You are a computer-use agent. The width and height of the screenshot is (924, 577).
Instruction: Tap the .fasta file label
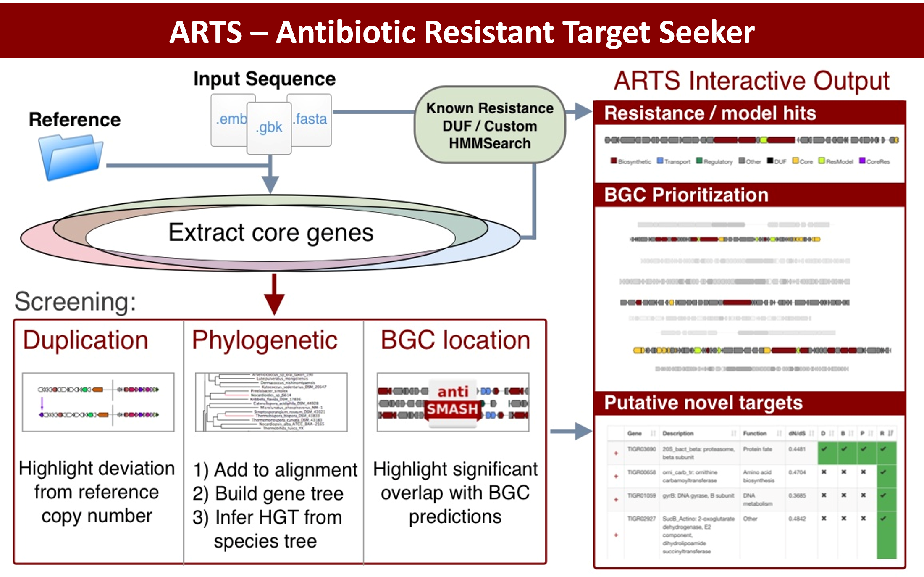(x=310, y=119)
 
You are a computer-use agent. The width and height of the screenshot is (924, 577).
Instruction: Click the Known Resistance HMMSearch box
(x=490, y=125)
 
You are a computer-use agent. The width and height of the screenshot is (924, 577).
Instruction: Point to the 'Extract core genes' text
(x=271, y=232)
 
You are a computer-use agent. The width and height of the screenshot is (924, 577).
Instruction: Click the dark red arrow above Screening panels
(x=274, y=294)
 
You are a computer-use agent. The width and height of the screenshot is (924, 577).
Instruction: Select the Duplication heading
(x=86, y=340)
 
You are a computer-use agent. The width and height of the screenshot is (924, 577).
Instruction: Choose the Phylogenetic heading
(x=265, y=340)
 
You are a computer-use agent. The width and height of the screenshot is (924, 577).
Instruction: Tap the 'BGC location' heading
(x=455, y=340)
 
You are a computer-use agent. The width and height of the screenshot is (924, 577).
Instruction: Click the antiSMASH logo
(x=453, y=401)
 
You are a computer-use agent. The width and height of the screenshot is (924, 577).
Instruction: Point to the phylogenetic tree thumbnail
(x=271, y=402)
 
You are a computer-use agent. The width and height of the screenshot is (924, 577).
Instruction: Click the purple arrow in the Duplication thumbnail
(x=42, y=404)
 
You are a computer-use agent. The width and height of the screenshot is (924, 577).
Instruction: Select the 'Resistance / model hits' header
(x=710, y=113)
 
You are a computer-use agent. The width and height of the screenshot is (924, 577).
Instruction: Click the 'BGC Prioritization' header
(x=686, y=195)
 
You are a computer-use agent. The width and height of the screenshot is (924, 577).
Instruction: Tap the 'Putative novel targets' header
(x=703, y=403)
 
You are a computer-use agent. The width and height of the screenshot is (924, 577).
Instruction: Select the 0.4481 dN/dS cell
(x=797, y=449)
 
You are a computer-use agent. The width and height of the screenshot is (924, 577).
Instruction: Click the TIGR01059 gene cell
(x=641, y=495)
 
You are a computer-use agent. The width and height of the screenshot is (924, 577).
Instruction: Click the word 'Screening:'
(x=76, y=301)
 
